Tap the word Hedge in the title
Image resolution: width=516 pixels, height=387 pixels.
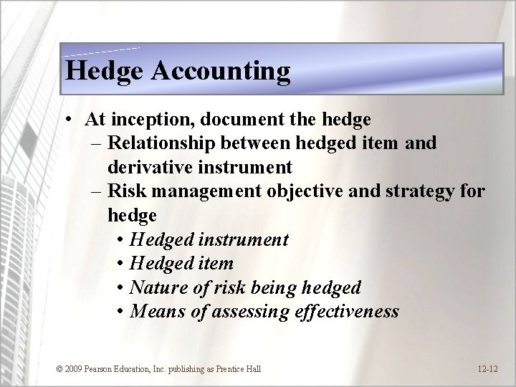point(98,71)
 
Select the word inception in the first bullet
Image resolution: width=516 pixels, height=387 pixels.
point(144,118)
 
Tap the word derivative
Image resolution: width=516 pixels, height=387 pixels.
point(150,168)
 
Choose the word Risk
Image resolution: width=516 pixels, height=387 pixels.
point(125,192)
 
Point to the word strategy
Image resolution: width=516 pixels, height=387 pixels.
point(417,192)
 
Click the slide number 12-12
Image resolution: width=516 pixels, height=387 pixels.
point(487,369)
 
